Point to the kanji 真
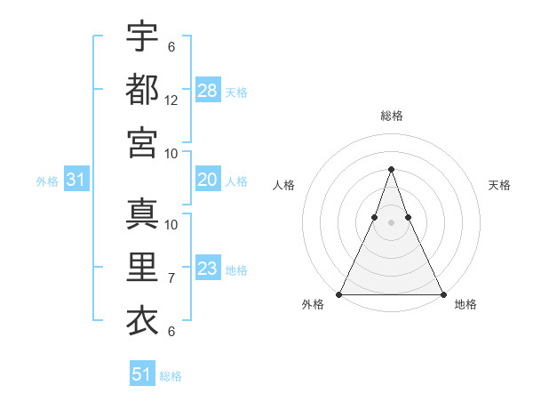click(x=142, y=214)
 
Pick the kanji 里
click(x=142, y=268)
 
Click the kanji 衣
click(x=142, y=321)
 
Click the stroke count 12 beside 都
click(x=171, y=102)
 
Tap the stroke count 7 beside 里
click(x=171, y=278)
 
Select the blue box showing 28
click(x=208, y=91)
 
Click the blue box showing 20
click(x=208, y=180)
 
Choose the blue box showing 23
click(x=208, y=269)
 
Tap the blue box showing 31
click(x=76, y=181)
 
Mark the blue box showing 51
click(x=142, y=374)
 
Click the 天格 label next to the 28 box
click(x=236, y=92)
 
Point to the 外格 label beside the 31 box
click(x=47, y=181)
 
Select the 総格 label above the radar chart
click(x=391, y=116)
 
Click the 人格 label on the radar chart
click(x=283, y=185)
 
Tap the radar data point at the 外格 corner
click(x=339, y=294)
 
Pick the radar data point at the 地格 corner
click(x=442, y=294)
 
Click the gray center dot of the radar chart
click(x=391, y=221)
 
